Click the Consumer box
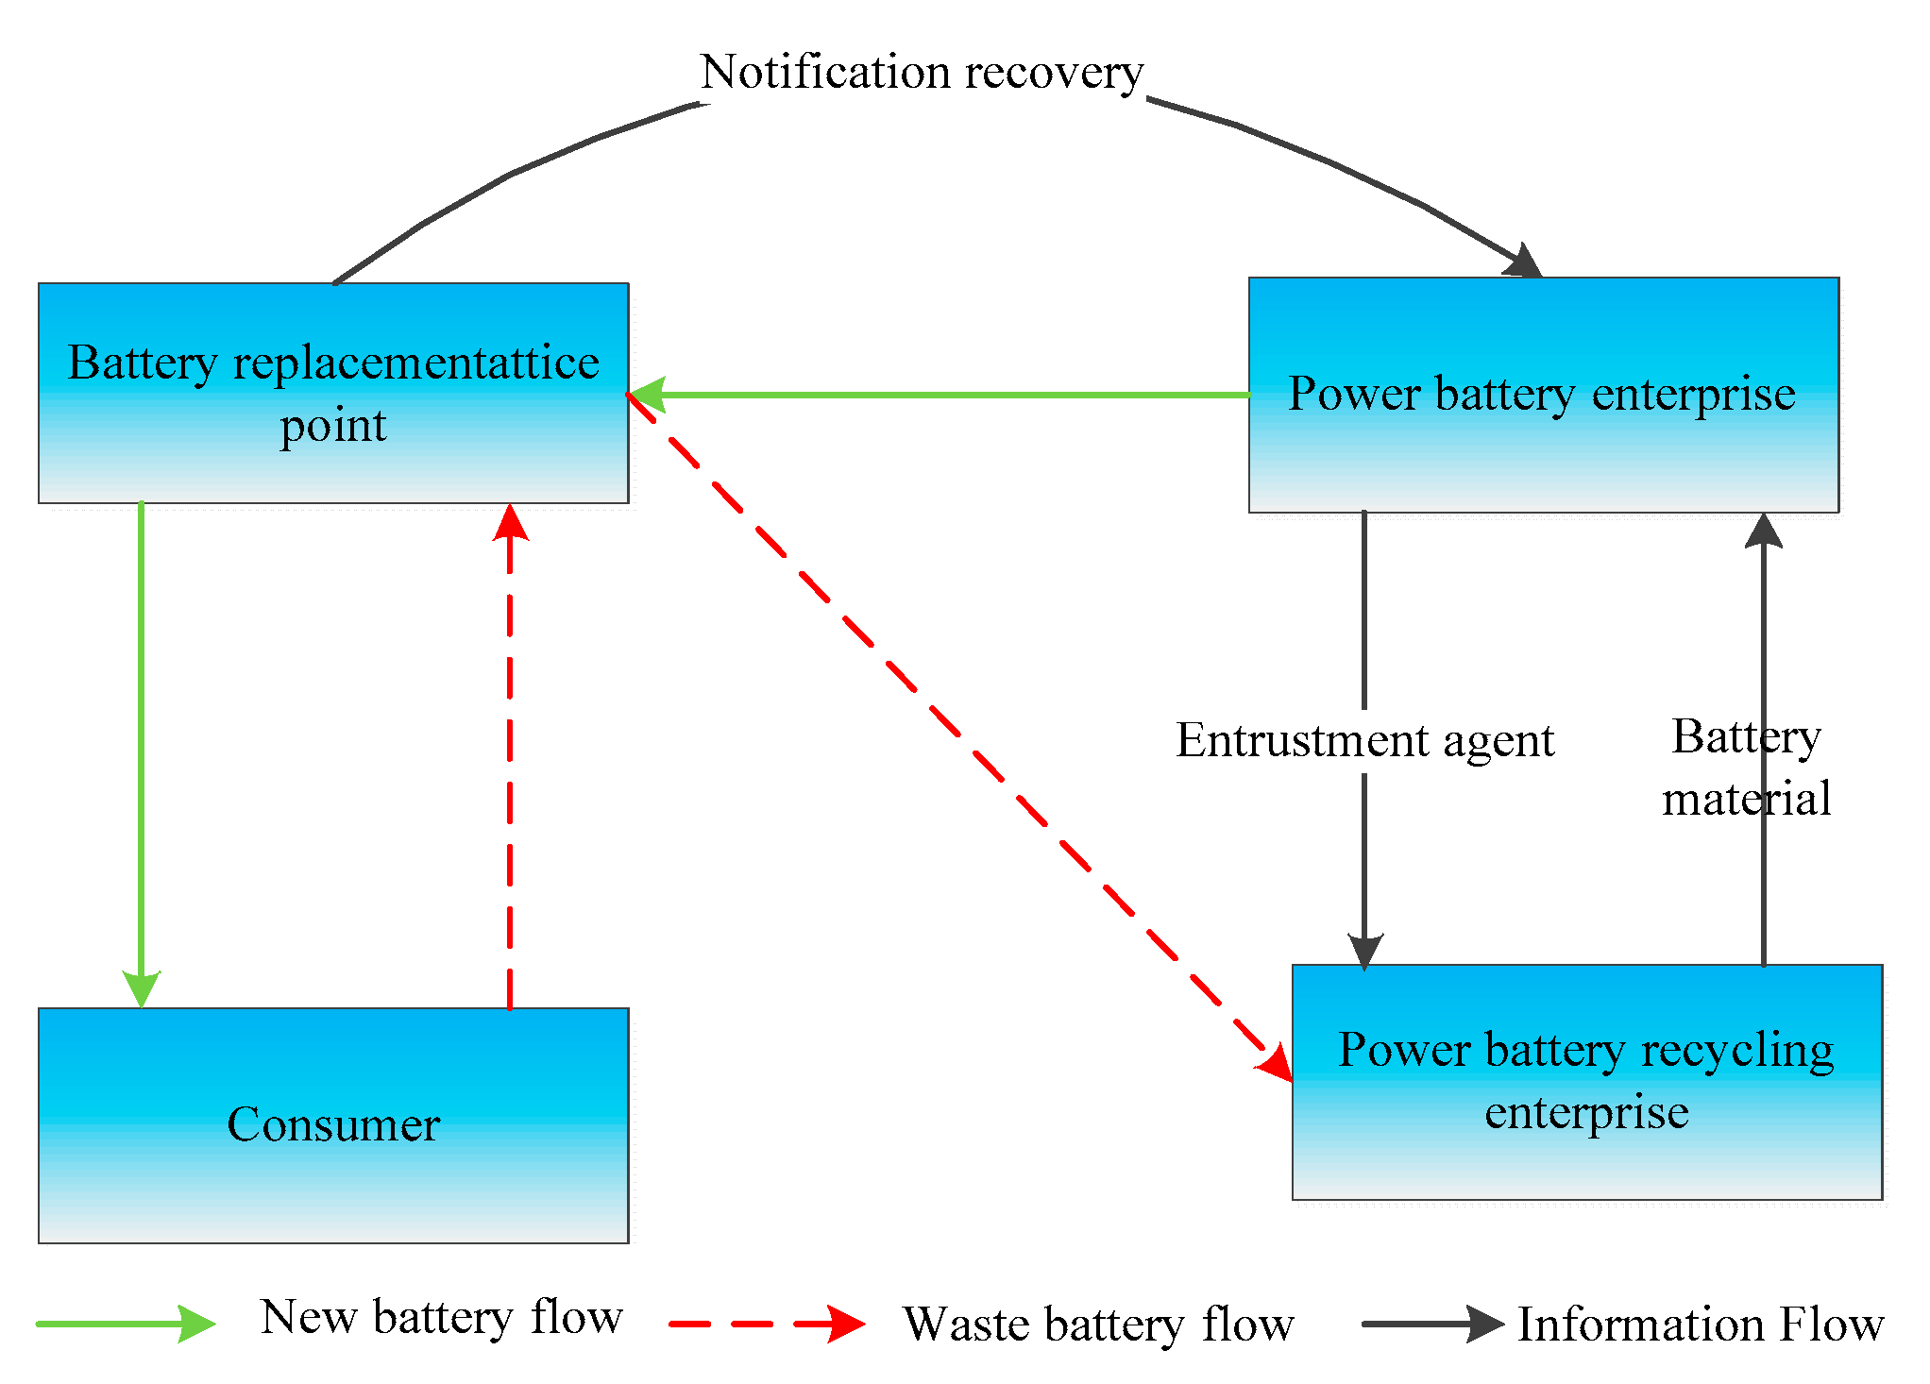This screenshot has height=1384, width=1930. click(333, 1124)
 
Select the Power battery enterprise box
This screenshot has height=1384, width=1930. click(1543, 395)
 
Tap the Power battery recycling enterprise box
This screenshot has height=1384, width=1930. click(1586, 1082)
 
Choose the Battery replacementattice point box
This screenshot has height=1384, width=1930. click(333, 393)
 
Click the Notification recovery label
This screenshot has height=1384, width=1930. click(922, 72)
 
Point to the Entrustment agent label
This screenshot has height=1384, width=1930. click(1364, 740)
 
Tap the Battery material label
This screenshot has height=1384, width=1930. click(1746, 767)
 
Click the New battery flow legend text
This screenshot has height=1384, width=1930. click(442, 1316)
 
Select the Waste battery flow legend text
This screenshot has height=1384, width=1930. click(1098, 1324)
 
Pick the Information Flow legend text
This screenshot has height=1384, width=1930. click(1701, 1324)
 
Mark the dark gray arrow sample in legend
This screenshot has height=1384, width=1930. click(1432, 1324)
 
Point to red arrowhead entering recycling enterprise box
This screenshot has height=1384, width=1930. click(1277, 1063)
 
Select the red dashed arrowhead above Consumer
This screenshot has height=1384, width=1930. click(511, 523)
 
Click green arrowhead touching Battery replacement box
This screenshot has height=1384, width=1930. click(648, 395)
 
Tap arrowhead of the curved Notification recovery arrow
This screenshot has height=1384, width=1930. click(1523, 262)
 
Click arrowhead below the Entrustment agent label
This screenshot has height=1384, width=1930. click(1364, 951)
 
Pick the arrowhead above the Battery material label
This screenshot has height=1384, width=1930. click(1763, 531)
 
